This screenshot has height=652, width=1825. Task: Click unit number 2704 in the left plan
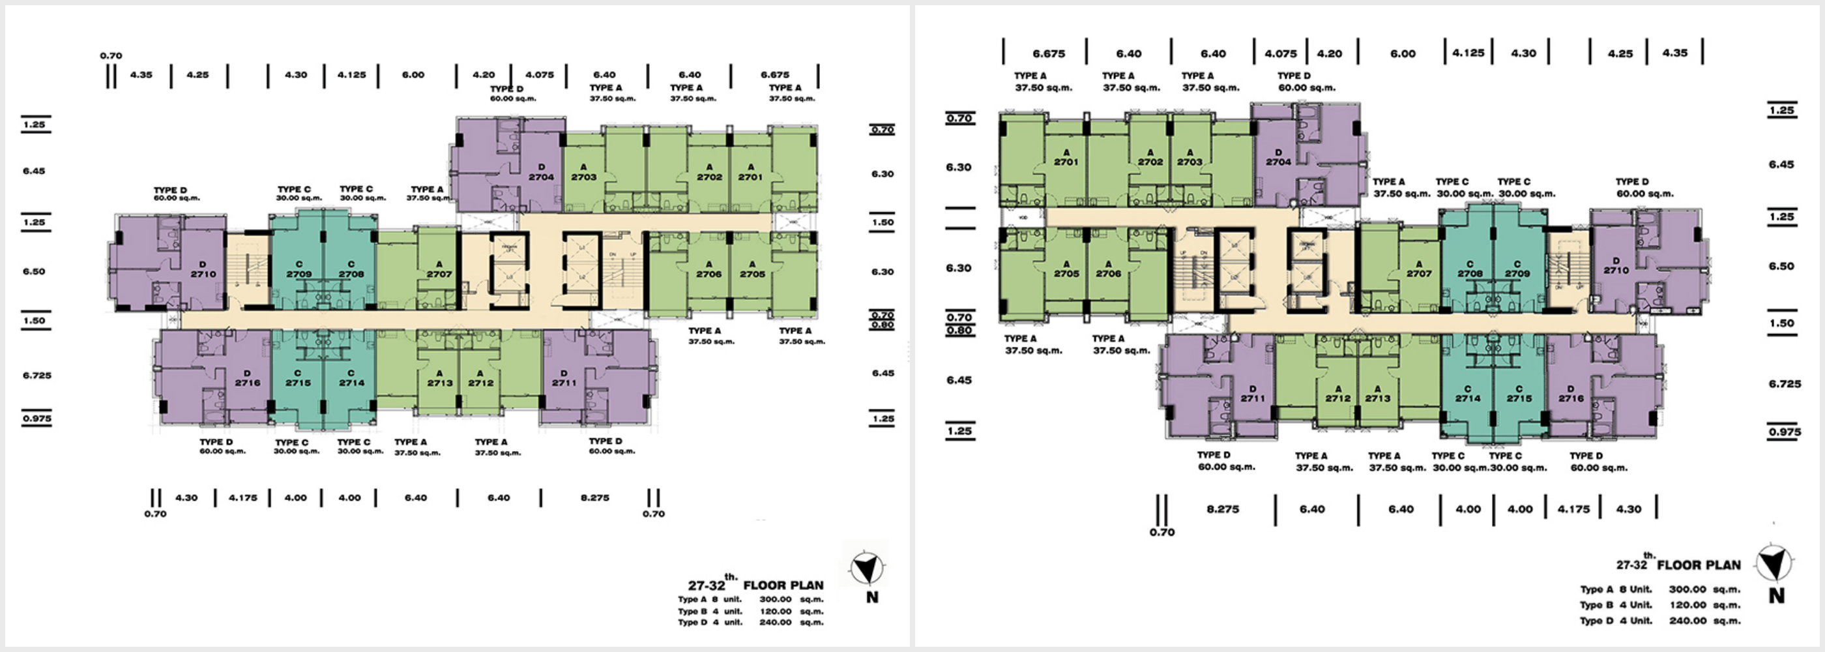[x=540, y=177]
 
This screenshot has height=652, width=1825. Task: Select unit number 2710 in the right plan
[x=1616, y=270]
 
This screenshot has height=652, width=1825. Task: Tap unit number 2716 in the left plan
[x=247, y=383]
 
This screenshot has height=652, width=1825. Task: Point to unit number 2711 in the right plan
[x=1253, y=398]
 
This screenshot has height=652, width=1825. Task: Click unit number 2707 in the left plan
[x=439, y=274]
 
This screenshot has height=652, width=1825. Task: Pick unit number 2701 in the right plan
[x=1066, y=162]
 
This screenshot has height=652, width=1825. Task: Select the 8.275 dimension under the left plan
[x=594, y=497]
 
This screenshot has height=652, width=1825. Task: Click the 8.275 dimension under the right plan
[x=1223, y=509]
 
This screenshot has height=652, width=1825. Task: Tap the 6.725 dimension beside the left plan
[x=37, y=375]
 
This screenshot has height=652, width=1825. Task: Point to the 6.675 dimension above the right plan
[x=1049, y=53]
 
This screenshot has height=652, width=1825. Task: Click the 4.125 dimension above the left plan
[x=351, y=74]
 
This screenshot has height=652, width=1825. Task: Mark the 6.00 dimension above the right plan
[x=1403, y=53]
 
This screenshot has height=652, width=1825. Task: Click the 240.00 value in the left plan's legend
[x=775, y=622]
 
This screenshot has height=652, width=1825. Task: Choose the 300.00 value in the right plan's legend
[x=1687, y=589]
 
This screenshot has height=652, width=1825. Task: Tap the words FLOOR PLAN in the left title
[x=783, y=585]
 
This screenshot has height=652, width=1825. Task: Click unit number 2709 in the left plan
[x=299, y=274]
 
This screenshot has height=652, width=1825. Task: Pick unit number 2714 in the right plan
[x=1467, y=398]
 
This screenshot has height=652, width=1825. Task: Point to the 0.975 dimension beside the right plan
[x=1785, y=432]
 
